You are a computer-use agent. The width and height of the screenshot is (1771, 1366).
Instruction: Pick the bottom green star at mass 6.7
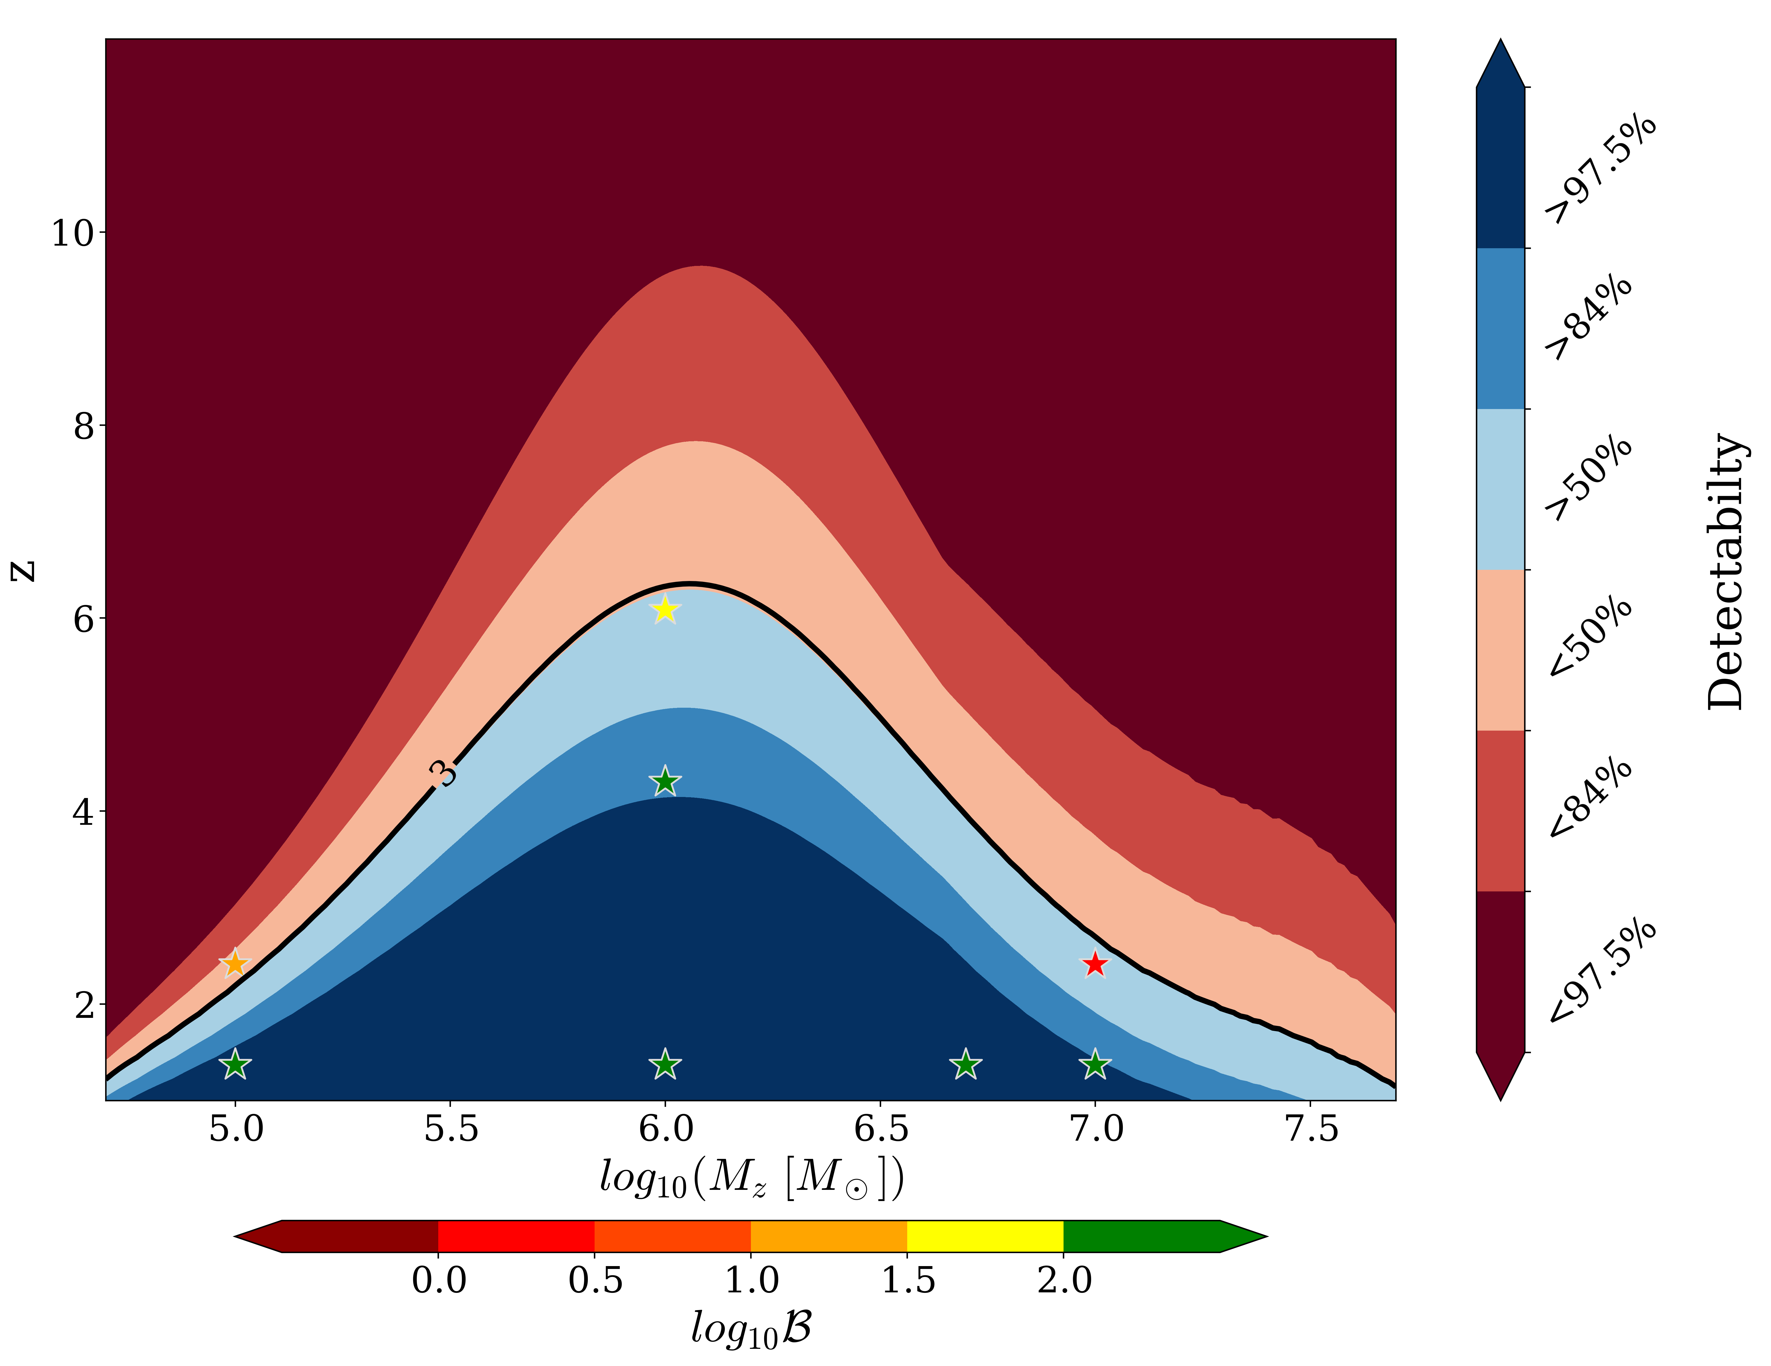[x=965, y=1064]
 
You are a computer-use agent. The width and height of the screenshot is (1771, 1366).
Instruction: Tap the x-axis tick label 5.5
[x=451, y=1129]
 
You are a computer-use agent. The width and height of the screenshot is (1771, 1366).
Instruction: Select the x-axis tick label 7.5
[x=1311, y=1129]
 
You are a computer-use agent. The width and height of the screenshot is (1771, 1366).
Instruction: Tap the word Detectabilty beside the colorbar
[x=1725, y=572]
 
